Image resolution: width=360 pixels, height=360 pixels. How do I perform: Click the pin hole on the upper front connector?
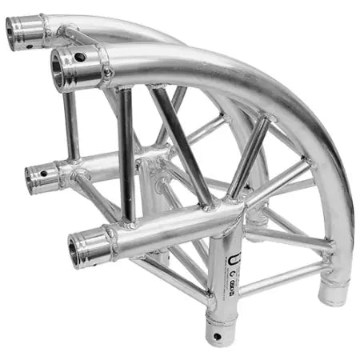[81, 57]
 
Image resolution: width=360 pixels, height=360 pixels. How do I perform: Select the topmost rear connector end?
[18, 30]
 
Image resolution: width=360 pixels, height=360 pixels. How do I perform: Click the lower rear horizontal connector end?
[36, 177]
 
